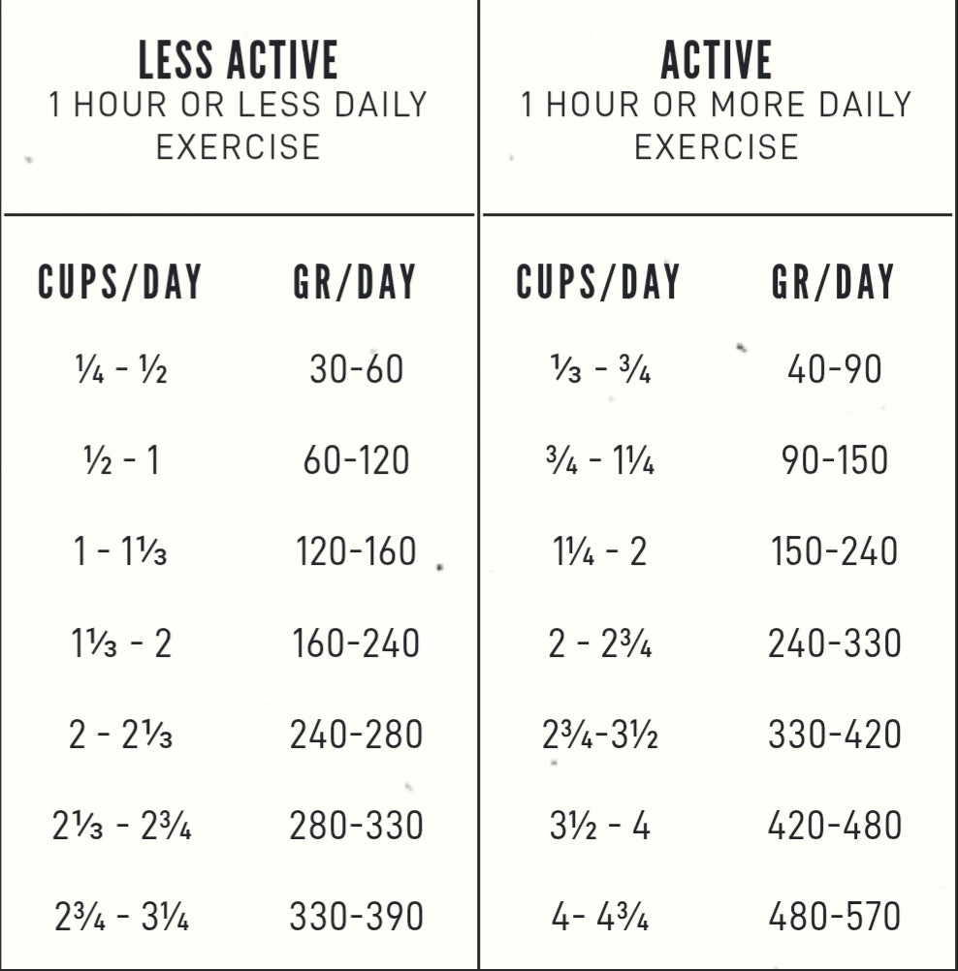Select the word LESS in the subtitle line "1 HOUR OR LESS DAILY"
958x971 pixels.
280,104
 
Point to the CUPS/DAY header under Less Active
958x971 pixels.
120,282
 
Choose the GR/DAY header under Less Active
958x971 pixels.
355,282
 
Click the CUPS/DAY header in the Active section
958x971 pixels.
598,282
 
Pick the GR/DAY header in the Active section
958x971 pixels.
833,282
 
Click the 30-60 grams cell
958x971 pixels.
356,369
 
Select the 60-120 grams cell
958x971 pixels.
356,460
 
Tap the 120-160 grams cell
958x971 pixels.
356,551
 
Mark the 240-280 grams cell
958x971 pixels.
356,735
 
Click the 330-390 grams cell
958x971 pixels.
356,917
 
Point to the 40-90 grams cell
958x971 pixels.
835,369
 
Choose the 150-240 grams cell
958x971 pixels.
835,551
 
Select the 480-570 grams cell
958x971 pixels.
835,917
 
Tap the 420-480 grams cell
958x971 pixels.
835,826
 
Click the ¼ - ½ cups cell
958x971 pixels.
121,370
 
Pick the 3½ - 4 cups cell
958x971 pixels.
600,826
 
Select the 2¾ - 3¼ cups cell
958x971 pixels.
121,917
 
